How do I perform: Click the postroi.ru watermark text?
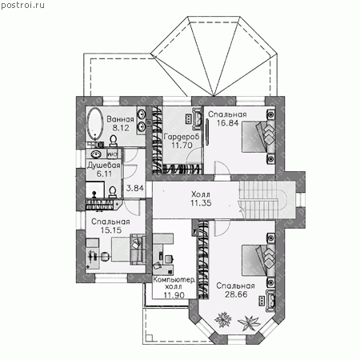[22, 5]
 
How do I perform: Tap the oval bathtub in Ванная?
[95, 123]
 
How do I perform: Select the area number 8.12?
[121, 128]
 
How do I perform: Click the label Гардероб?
[182, 137]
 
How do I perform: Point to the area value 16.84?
[227, 123]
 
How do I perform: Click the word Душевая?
[104, 166]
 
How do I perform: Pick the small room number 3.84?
[135, 188]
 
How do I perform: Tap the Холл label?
[201, 194]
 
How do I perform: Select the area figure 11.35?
[201, 203]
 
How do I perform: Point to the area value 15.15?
[111, 230]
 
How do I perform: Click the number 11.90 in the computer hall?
[174, 295]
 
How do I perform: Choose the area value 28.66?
[236, 294]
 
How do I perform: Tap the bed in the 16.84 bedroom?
[258, 137]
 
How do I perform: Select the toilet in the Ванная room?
[114, 141]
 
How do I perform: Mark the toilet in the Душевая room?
[113, 192]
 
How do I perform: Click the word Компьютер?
[174, 280]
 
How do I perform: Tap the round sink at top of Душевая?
[96, 154]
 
